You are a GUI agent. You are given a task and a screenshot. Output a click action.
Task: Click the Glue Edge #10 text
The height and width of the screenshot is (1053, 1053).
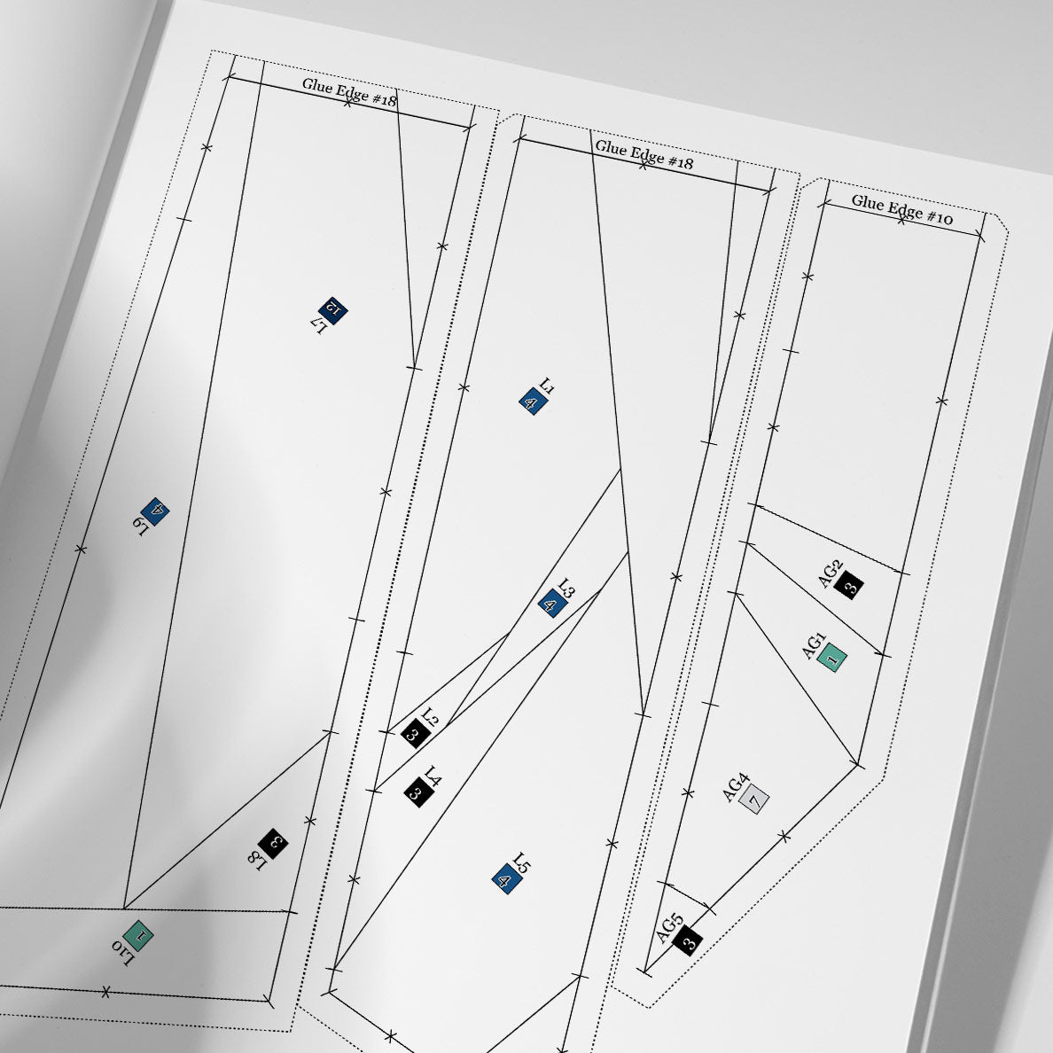coord(902,209)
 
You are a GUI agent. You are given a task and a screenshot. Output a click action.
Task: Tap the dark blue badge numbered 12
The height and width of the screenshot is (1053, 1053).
coord(333,309)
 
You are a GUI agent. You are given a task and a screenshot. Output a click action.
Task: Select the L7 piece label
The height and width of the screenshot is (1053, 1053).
coord(320,325)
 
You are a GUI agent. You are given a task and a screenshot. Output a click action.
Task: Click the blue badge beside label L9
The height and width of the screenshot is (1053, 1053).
coord(156,511)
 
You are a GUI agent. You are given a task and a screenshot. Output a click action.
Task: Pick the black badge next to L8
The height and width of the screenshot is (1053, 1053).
coord(273,844)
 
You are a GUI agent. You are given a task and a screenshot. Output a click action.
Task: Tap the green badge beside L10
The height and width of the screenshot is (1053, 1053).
coord(139,935)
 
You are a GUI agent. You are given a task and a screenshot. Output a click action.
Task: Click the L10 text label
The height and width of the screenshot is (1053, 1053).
coord(123,952)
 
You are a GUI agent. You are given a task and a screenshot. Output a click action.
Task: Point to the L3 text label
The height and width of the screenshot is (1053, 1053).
coord(566,589)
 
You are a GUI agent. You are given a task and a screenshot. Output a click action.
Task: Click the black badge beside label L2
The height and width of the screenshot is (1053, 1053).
coord(415,733)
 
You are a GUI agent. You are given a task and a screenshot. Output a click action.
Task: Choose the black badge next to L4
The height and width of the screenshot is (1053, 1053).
coord(417,792)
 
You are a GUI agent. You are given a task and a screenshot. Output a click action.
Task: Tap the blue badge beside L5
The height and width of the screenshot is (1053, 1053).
coord(506,880)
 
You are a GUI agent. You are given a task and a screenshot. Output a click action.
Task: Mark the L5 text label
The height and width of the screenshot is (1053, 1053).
coord(521,863)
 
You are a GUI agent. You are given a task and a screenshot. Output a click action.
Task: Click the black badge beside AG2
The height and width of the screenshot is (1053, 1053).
coord(849,585)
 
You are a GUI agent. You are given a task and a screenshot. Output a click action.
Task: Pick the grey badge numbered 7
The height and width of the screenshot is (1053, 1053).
coord(754,799)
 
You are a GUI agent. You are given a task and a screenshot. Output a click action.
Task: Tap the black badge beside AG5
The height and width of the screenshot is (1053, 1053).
coord(687,940)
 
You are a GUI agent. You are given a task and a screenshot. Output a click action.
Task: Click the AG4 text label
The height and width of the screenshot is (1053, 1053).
coord(736,788)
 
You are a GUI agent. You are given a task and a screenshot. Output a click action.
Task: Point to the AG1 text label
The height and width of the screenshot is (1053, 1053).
coord(814,645)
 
